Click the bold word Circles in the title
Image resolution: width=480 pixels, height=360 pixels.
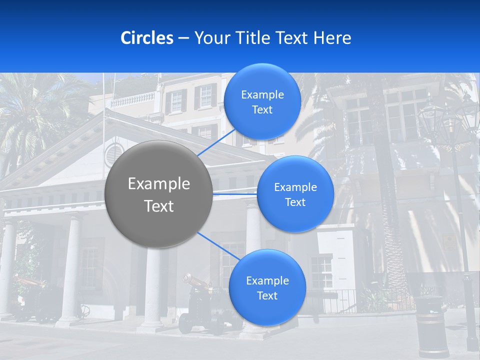[x=146, y=38]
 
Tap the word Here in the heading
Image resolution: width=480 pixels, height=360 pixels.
[x=332, y=38]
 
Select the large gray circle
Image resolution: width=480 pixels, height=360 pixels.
[x=158, y=194]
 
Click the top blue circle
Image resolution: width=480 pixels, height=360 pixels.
[x=262, y=101]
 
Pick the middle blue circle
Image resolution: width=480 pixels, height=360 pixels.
[x=295, y=194]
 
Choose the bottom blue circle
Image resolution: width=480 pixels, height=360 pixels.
[x=267, y=287]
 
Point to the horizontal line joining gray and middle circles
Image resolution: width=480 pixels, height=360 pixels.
[x=234, y=193]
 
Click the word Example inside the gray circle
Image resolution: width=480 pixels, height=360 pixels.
[x=158, y=184]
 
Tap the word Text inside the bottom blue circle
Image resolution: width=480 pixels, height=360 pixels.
[x=267, y=295]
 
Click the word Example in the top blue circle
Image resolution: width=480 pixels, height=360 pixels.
[x=262, y=95]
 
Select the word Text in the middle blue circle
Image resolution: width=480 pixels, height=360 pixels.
[x=295, y=202]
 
